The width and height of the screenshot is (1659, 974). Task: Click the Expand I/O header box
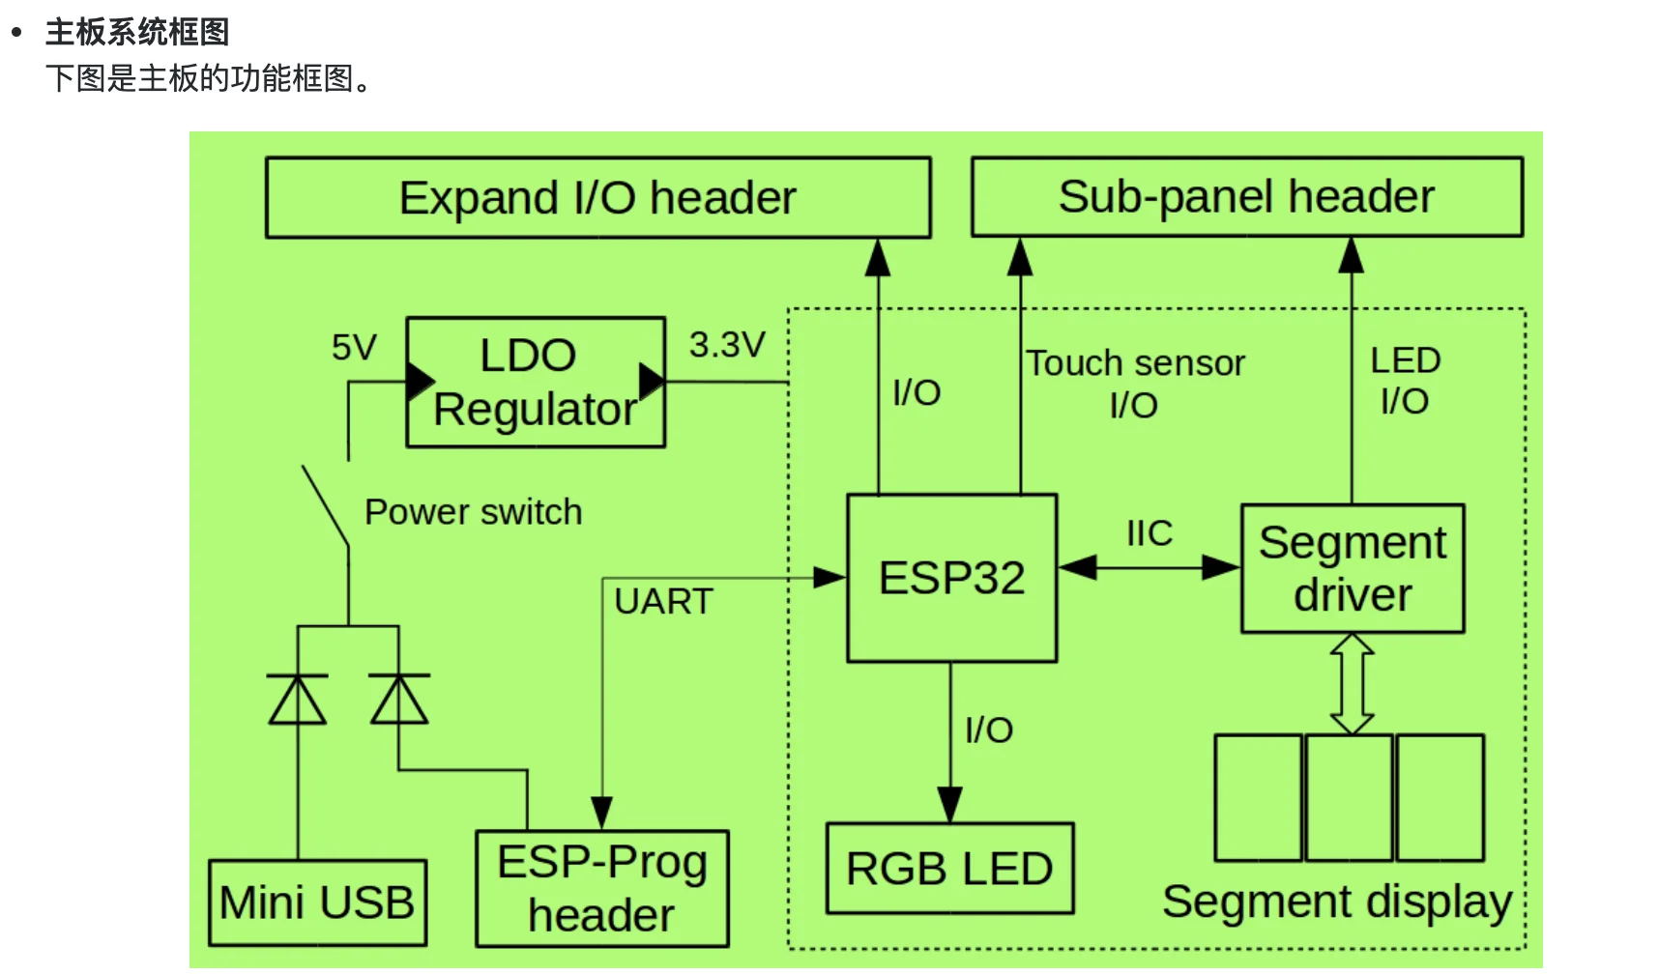tap(597, 198)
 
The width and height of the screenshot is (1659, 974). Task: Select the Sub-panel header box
tap(1246, 197)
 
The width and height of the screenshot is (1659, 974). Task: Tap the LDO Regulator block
tap(535, 383)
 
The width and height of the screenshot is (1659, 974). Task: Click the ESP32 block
tap(951, 578)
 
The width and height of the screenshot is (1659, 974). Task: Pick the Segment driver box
tap(1353, 568)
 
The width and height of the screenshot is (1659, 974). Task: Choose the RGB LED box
tap(949, 869)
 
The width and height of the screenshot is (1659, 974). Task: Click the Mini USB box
tap(317, 902)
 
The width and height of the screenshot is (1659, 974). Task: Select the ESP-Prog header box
tap(601, 889)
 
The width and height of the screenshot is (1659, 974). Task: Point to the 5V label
tap(354, 348)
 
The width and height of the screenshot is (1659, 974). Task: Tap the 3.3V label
tap(727, 345)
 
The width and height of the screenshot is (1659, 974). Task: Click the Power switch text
tap(474, 512)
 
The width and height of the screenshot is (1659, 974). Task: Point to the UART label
tap(663, 602)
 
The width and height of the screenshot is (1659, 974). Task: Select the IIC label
tap(1150, 533)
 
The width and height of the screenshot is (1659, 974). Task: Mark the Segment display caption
tap(1337, 902)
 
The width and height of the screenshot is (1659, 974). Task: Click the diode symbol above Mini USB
tap(298, 700)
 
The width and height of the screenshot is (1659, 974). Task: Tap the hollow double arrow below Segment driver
tap(1352, 684)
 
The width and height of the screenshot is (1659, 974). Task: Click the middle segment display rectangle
tap(1349, 797)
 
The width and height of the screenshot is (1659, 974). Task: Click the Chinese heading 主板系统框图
tap(137, 32)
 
